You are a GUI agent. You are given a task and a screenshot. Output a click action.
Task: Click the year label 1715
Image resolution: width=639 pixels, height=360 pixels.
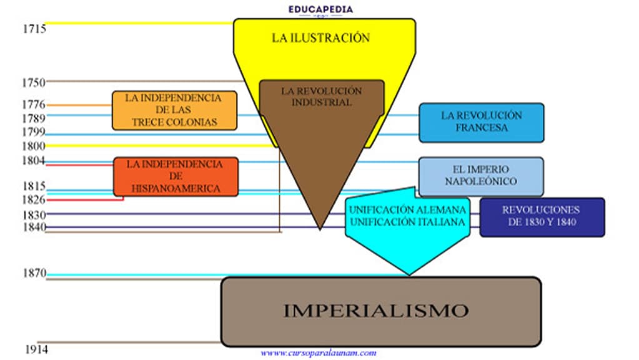click(x=33, y=29)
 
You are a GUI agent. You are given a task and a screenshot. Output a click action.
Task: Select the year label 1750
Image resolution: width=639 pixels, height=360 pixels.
click(x=33, y=82)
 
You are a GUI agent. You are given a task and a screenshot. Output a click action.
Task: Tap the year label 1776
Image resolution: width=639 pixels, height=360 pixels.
click(x=33, y=104)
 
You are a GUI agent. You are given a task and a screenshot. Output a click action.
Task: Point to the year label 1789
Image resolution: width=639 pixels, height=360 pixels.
click(x=33, y=118)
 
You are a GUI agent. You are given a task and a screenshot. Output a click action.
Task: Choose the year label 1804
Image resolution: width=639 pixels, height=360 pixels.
click(x=33, y=161)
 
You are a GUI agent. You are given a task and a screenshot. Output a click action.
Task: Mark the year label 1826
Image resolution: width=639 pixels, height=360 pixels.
click(x=33, y=199)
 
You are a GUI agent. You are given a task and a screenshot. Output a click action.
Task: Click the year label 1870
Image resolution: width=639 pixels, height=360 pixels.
click(x=33, y=273)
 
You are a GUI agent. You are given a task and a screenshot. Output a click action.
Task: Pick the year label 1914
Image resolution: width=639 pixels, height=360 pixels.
click(x=36, y=349)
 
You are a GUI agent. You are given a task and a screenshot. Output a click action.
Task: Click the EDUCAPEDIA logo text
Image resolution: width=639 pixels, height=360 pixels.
click(x=320, y=9)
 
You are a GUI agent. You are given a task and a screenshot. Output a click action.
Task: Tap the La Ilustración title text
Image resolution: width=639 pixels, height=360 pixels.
click(x=320, y=37)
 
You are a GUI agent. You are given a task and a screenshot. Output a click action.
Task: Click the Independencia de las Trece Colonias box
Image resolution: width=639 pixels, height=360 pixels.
click(x=174, y=111)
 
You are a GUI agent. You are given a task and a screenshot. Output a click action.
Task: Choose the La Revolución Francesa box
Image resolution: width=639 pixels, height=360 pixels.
click(x=481, y=122)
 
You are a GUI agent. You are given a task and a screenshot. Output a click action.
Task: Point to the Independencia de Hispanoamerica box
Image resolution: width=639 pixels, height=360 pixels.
click(x=176, y=176)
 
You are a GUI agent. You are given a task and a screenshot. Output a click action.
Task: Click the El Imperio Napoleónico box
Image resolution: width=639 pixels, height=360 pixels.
click(x=480, y=176)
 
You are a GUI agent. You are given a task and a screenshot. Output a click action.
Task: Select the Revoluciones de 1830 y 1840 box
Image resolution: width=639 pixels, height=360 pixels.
click(x=542, y=217)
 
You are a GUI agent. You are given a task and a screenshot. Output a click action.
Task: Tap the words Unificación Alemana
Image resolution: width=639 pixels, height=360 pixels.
click(x=407, y=209)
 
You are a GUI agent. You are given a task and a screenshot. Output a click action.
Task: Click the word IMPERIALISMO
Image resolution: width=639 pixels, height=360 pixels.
click(x=375, y=311)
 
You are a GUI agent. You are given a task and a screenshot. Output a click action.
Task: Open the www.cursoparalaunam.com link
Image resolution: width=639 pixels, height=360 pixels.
click(x=319, y=353)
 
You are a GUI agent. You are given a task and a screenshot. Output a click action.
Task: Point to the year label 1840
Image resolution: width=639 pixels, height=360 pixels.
click(x=33, y=227)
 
